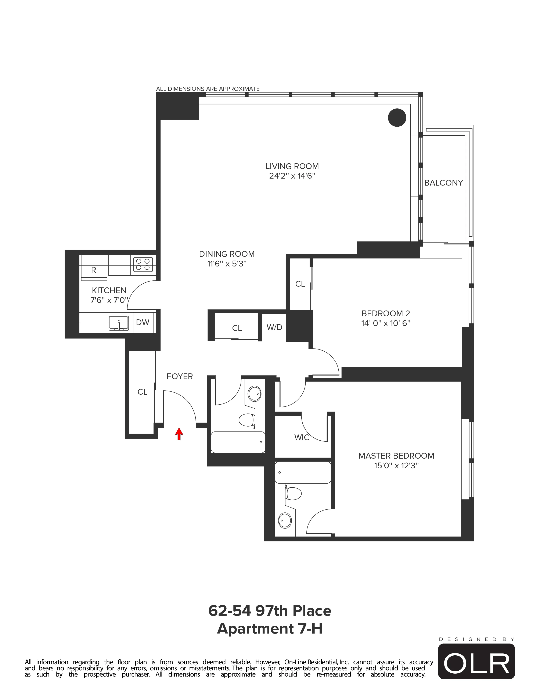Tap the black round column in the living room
point(397,118)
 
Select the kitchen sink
point(119,323)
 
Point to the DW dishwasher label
point(143,323)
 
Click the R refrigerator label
point(93,270)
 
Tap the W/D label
point(274,327)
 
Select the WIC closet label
point(302,437)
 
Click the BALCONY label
point(443,183)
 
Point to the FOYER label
point(179,376)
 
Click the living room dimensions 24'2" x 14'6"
point(292,176)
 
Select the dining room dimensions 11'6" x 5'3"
point(227,264)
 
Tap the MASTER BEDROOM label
point(396,456)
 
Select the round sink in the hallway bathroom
point(255,393)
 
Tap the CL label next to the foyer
point(142,392)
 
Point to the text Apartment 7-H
point(270,629)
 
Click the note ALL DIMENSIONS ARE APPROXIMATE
point(208,89)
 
